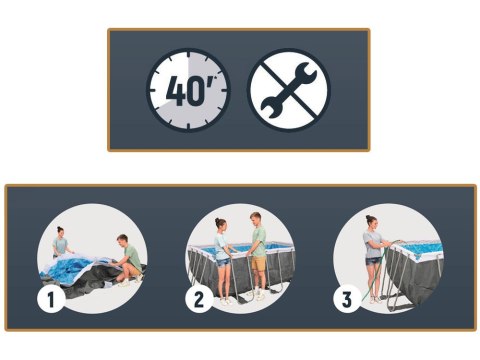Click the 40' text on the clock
[x=191, y=91]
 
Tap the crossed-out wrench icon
[x=289, y=90]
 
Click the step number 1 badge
[x=51, y=300]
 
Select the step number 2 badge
[x=199, y=300]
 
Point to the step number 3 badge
[x=347, y=300]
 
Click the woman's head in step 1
[x=60, y=232]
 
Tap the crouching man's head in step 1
[x=122, y=239]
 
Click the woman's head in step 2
[x=221, y=224]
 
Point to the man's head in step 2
[x=255, y=218]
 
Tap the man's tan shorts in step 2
[x=258, y=263]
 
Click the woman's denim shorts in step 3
[x=373, y=261]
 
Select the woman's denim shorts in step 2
[x=222, y=262]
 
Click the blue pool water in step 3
[x=422, y=248]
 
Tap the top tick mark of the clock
[x=188, y=55]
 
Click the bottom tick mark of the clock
[x=188, y=126]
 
